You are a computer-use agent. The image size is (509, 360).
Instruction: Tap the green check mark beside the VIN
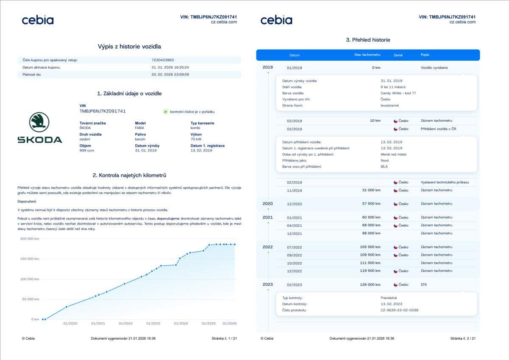[x=165, y=112]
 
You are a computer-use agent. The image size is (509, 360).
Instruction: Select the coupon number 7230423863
[x=162, y=60]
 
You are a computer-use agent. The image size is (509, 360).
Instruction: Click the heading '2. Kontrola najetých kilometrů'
[x=129, y=175]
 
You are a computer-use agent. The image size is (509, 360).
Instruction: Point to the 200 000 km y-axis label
[x=30, y=239]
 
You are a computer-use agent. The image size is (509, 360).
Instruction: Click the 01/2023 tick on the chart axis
[x=153, y=323]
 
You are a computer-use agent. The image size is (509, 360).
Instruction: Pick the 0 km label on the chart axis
[x=35, y=319]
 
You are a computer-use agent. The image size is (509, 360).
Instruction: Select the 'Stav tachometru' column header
[x=367, y=55]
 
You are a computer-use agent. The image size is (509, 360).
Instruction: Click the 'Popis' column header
[x=425, y=55]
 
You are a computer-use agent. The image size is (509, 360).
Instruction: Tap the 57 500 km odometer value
[x=370, y=204]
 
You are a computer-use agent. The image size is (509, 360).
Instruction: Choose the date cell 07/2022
[x=294, y=247]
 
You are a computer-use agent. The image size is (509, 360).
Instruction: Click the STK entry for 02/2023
[x=424, y=285]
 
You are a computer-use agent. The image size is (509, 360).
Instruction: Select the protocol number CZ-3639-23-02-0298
[x=400, y=310]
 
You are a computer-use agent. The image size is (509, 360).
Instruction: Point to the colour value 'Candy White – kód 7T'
[x=398, y=93]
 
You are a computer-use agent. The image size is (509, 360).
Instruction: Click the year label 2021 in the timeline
[x=268, y=217]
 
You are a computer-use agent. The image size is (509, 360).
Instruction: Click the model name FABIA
[x=140, y=127]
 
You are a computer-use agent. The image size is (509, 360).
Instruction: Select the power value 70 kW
[x=196, y=139]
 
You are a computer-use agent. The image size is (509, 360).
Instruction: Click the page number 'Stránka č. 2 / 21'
[x=463, y=338]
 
